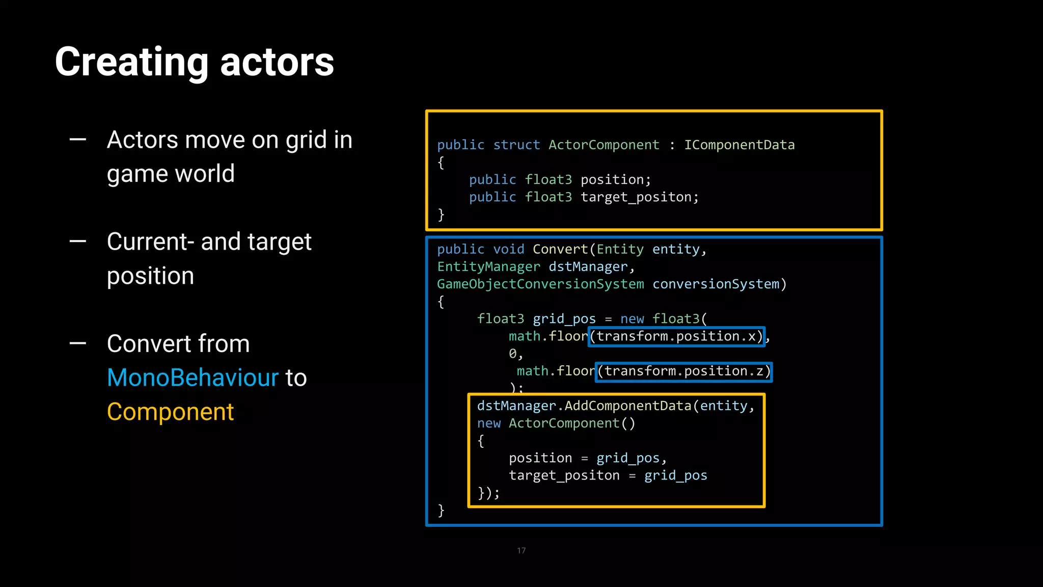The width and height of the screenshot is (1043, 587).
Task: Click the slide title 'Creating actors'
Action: click(x=194, y=62)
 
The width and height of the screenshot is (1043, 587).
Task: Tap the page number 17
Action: click(x=521, y=550)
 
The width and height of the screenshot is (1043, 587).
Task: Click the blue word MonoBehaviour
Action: click(x=193, y=378)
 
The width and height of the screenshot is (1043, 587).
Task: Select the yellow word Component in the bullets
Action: click(x=170, y=412)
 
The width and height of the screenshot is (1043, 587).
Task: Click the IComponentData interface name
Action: click(x=739, y=145)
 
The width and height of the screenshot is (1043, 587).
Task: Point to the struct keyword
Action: click(x=516, y=145)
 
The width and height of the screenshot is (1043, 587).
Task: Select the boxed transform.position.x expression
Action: click(x=676, y=336)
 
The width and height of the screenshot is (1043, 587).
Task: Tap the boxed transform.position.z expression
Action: click(x=683, y=371)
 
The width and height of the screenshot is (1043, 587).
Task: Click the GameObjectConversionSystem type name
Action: click(x=540, y=284)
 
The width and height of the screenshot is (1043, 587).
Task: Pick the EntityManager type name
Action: click(x=488, y=267)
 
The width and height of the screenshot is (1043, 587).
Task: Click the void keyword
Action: click(x=508, y=249)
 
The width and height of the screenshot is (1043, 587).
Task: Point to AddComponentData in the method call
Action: click(x=627, y=406)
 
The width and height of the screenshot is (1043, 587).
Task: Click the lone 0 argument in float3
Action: click(x=512, y=354)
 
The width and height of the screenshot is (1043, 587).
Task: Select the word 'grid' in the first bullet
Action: click(x=306, y=140)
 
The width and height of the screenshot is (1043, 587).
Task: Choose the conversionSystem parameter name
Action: click(x=716, y=284)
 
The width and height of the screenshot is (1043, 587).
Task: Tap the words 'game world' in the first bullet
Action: click(x=171, y=174)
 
